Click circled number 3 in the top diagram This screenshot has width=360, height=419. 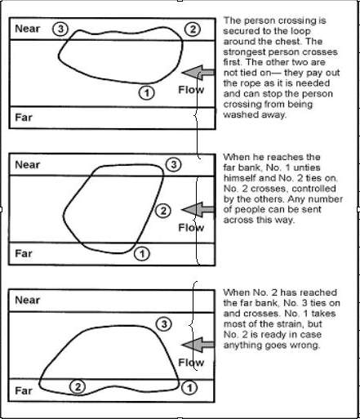60,29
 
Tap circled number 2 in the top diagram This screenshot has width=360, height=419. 193,29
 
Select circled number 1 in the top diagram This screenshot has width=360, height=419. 147,93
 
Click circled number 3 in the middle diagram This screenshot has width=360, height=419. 174,164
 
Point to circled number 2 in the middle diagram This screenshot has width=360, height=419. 163,211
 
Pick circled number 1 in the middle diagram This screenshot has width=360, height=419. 142,254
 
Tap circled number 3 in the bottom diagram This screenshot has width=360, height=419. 164,324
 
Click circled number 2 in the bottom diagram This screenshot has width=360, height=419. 78,387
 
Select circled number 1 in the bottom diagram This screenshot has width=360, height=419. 189,387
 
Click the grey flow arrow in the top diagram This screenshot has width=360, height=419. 198,73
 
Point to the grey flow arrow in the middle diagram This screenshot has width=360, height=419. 198,209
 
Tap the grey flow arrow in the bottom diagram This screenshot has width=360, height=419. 198,345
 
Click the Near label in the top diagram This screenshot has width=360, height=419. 28,29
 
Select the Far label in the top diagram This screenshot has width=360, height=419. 24,118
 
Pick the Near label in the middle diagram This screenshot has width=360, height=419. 28,165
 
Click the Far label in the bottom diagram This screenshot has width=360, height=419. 24,390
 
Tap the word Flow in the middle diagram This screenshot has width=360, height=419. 191,228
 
